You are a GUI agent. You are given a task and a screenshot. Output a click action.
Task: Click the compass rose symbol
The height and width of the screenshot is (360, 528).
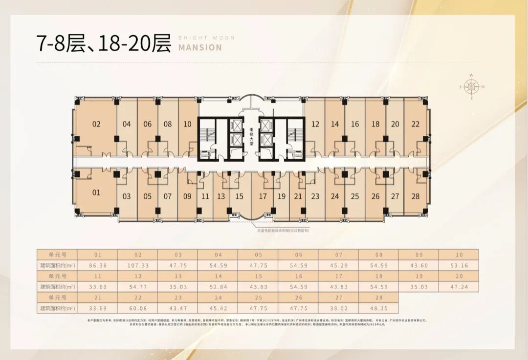coord(471,87)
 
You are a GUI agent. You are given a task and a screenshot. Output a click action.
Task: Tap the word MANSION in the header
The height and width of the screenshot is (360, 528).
coord(200,47)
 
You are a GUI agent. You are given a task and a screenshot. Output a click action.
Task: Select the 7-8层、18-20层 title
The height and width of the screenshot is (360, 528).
coord(104,43)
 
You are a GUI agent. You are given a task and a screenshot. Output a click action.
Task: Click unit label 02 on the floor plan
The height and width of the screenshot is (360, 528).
coord(96,124)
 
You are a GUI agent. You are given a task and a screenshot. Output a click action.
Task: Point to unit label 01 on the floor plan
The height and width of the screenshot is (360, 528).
coord(96,192)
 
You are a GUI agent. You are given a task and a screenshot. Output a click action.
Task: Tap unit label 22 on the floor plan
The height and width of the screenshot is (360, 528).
coord(416,124)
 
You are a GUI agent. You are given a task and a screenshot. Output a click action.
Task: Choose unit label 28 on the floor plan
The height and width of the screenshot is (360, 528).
coord(416,196)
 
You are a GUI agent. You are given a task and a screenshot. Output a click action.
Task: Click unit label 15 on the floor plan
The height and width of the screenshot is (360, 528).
coord(239,196)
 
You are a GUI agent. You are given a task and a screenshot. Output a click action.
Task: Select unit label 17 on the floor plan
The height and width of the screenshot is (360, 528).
coord(263,196)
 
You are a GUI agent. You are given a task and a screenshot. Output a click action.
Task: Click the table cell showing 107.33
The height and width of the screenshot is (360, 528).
coord(137,266)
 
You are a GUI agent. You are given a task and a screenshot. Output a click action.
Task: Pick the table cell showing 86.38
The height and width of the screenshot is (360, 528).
coord(97,266)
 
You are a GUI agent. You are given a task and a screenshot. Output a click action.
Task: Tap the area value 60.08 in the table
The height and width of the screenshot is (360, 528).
coord(137,309)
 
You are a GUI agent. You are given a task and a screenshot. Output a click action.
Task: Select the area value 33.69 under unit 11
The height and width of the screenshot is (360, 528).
coord(97,287)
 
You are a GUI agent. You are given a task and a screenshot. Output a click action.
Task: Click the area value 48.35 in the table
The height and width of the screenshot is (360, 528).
coord(378,309)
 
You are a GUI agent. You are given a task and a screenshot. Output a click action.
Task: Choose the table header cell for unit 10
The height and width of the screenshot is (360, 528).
coord(459,254)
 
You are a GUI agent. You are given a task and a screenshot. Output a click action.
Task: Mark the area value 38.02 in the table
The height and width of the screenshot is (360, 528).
coord(338,309)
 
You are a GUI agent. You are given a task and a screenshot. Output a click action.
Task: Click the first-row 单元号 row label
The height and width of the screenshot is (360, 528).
coord(57,254)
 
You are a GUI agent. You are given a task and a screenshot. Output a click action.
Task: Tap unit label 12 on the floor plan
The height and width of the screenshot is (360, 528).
coord(315,124)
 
